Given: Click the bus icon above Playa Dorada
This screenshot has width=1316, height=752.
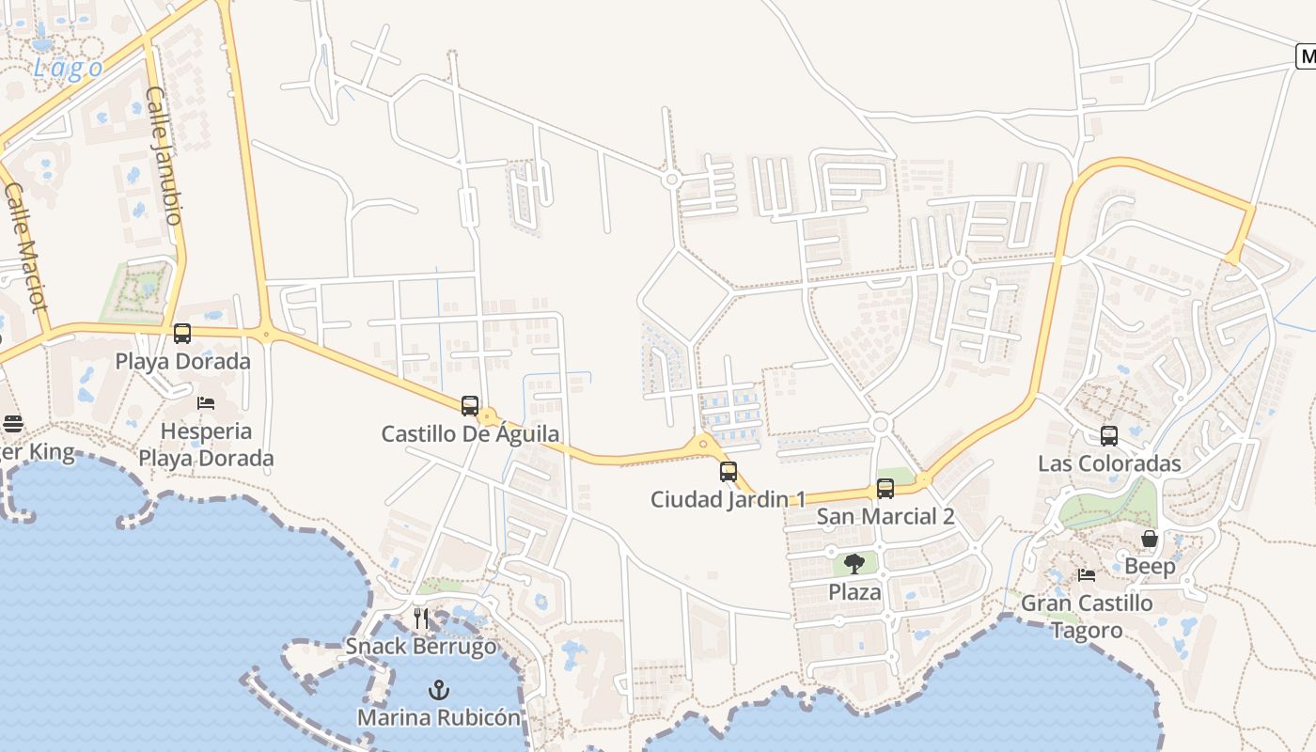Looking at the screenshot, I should tap(182, 334).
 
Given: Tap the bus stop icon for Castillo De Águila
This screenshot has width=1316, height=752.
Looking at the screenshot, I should tap(470, 406).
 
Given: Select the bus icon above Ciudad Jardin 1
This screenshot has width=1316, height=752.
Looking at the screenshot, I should tap(728, 472).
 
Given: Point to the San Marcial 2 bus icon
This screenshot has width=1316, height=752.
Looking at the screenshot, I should tap(885, 489).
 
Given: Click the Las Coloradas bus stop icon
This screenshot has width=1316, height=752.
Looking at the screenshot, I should tap(1109, 436).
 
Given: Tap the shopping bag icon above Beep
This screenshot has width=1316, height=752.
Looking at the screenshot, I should tap(1150, 539).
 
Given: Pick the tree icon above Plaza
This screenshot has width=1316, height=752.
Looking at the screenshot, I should tap(854, 564).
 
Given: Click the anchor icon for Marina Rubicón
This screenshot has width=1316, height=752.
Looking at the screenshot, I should tap(438, 691).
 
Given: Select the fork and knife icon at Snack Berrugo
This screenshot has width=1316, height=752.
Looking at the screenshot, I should tap(421, 619).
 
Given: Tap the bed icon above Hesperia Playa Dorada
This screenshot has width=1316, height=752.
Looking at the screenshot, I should tap(206, 403).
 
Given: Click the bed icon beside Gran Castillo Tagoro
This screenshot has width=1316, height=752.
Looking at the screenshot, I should tap(1087, 574).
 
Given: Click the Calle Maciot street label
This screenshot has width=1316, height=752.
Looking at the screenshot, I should tap(25, 247).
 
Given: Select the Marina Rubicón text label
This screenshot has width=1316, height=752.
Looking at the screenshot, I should tap(438, 717).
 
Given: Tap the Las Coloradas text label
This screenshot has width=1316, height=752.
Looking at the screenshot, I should tap(1109, 463).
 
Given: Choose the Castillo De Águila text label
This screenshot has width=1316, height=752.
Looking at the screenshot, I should tap(470, 433).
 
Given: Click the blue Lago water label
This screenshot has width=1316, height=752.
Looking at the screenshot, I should tap(69, 68).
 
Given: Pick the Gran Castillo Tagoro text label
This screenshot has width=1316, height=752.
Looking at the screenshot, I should tap(1087, 617).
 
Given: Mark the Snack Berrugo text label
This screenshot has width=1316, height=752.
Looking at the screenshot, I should tap(421, 646).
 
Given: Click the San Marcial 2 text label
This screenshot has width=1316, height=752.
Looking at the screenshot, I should tap(885, 516).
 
